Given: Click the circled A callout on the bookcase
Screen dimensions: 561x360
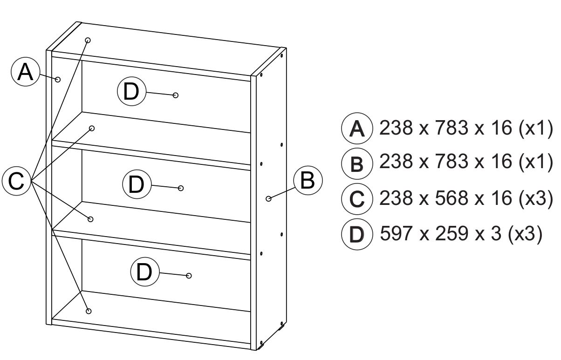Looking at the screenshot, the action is (26, 72).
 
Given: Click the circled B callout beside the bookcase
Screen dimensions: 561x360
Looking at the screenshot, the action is (308, 180).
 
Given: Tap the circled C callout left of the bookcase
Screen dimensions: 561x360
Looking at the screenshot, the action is (16, 181).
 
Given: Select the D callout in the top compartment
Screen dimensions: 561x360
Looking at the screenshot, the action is (131, 91).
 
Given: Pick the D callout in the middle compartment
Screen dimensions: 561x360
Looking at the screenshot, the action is (137, 184).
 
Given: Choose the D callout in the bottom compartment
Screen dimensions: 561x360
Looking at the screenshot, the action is (145, 272).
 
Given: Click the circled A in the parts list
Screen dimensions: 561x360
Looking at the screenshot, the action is (357, 128).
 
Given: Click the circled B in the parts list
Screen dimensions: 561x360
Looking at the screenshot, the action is (357, 164).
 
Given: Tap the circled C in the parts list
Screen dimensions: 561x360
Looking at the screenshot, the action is (357, 199).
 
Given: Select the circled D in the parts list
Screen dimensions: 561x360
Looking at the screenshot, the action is (357, 234).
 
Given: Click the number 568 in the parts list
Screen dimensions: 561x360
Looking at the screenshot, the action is (452, 198).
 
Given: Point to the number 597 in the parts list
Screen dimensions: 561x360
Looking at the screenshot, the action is (396, 233).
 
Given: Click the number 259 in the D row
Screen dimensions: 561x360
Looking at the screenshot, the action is (452, 233).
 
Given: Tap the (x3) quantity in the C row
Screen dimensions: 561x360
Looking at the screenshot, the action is (536, 198).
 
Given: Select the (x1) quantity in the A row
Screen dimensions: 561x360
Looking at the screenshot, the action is (536, 128).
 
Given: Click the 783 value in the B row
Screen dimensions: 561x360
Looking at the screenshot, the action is (452, 161).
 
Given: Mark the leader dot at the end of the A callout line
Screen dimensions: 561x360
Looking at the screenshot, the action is (58, 79).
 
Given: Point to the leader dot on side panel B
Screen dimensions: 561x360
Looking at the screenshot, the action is (268, 198).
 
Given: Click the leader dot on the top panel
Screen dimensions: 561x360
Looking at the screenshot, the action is (88, 40).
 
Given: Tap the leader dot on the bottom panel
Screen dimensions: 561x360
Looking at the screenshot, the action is (89, 311).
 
